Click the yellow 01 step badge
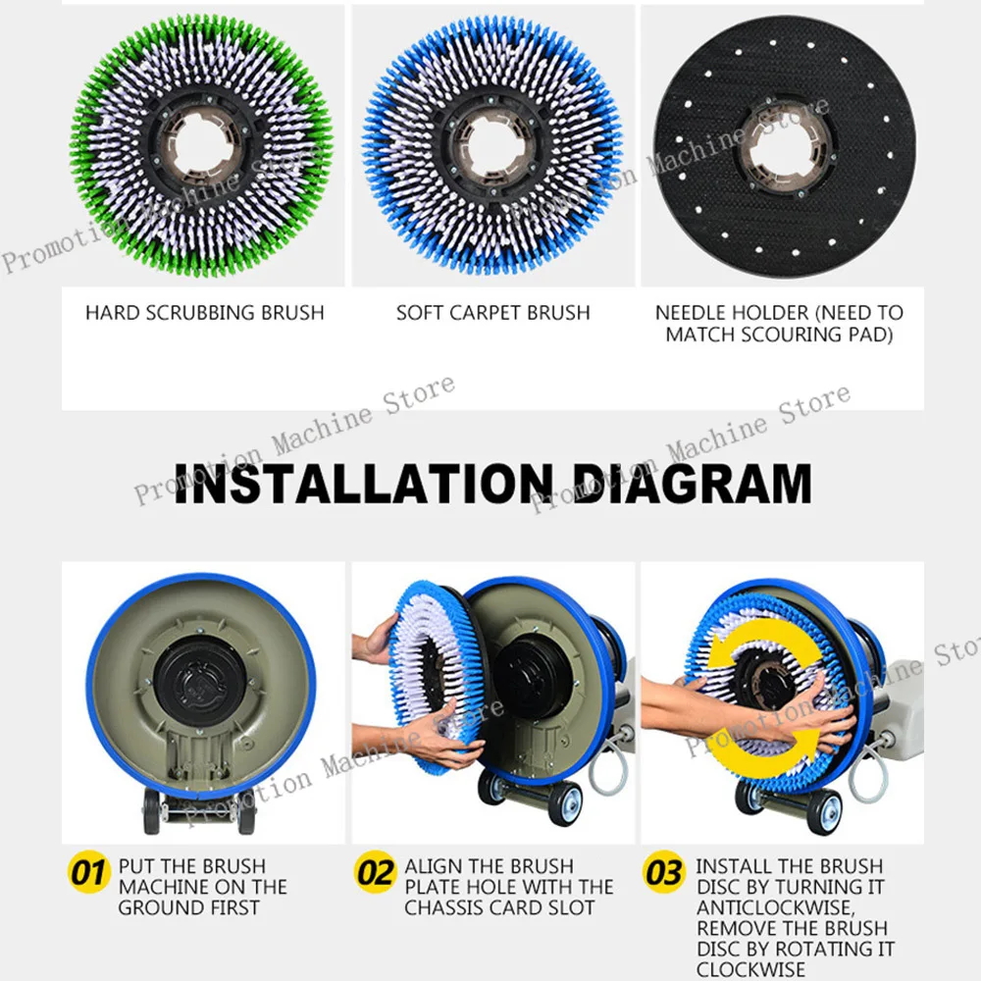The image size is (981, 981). tap(89, 871)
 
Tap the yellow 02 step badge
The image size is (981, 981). tap(376, 871)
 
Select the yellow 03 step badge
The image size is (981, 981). tap(664, 871)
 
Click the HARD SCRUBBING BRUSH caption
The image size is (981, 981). tap(205, 312)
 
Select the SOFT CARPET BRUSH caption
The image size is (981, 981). tap(493, 312)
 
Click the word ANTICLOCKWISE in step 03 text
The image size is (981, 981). tap(774, 907)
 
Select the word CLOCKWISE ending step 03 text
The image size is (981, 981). tap(750, 969)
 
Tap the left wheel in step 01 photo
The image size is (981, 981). tap(151, 811)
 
